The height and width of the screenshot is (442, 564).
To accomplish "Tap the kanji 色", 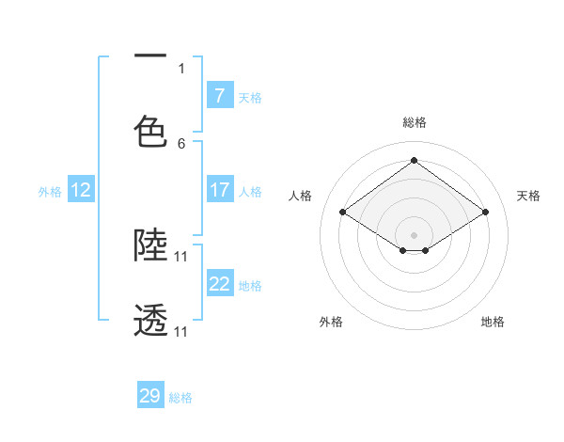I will (x=150, y=131).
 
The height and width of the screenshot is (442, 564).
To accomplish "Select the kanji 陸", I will (x=150, y=245).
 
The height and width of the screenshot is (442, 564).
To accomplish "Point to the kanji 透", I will (x=150, y=322).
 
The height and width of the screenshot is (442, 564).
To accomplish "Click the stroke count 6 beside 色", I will (x=181, y=144).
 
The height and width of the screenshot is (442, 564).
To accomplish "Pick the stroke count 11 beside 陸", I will (x=181, y=256).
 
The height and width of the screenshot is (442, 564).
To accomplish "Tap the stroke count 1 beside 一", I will (x=181, y=68).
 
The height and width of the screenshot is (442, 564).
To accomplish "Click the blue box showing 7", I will (x=219, y=96).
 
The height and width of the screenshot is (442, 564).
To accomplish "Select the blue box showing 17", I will (x=219, y=190).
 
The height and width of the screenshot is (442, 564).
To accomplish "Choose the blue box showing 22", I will (x=219, y=284).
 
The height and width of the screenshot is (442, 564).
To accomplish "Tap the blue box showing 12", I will (x=81, y=190).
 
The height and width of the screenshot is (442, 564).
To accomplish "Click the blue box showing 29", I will (x=150, y=396).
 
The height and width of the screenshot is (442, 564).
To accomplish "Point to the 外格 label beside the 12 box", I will (x=50, y=192).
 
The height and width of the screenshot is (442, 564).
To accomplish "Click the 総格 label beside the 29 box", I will (x=180, y=398).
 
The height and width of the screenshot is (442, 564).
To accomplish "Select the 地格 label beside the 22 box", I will (x=250, y=286).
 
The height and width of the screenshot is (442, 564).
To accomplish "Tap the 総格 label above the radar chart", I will (x=414, y=122).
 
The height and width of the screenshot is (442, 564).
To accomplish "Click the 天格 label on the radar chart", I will (x=528, y=196).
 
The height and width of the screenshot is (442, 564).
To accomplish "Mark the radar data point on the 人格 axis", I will (x=343, y=213).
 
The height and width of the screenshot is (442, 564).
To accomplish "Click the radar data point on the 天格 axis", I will (x=485, y=213).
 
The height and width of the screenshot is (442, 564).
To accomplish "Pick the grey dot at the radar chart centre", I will (x=414, y=233).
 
